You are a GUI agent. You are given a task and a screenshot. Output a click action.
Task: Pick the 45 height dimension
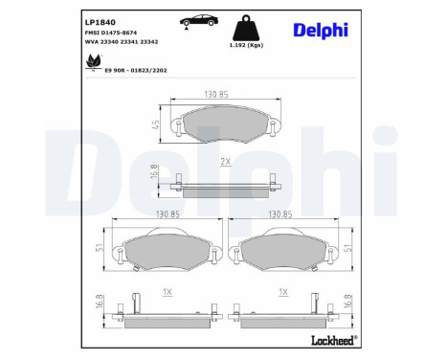pyautogui.click(x=155, y=124)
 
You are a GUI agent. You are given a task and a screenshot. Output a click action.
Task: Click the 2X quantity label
pyautogui.click(x=226, y=161)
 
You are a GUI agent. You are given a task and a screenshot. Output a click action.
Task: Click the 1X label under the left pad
pyautogui.click(x=168, y=290)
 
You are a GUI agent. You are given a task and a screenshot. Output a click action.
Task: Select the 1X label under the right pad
pyautogui.click(x=283, y=290)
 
